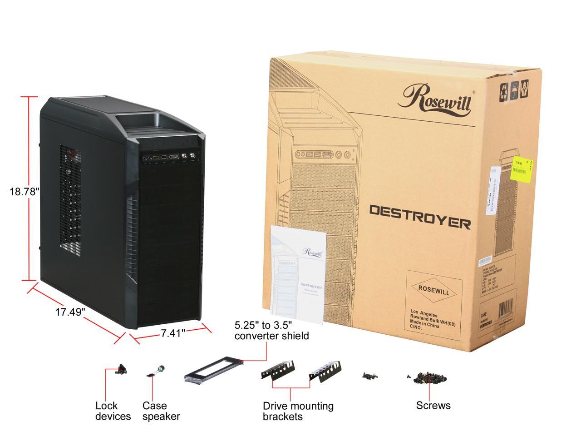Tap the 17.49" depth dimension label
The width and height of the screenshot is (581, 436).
(x=70, y=312)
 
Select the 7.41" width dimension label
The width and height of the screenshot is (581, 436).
(x=173, y=333)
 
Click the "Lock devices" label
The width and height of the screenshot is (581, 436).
(x=113, y=411)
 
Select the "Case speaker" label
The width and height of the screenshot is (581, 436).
(x=161, y=411)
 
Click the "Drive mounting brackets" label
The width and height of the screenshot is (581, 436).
(x=298, y=411)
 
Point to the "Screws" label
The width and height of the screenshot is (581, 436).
(x=433, y=405)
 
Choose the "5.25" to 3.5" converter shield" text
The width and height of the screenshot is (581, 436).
(x=271, y=331)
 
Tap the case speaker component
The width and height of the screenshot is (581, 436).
(x=156, y=372)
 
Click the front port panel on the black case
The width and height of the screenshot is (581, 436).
(x=171, y=157)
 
